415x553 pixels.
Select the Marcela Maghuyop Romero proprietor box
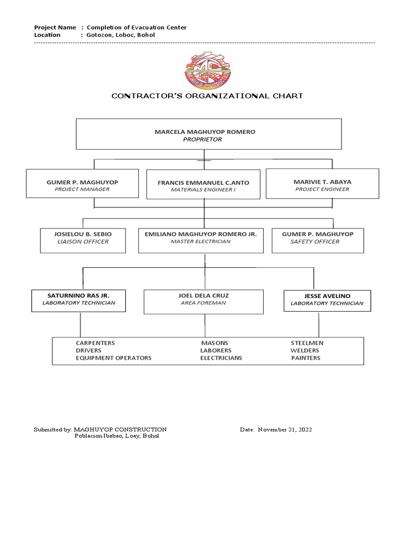pos(209,134)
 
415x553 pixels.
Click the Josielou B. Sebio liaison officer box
pos(83,240)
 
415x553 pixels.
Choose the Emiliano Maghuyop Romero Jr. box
pos(200,240)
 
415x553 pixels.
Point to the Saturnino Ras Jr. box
pos(79,300)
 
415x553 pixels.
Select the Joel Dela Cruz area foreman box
pos(204,301)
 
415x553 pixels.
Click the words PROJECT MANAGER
pos(82,190)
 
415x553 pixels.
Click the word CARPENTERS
pos(95,343)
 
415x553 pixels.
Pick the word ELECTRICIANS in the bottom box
pos(221,358)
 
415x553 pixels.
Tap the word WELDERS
pos(305,350)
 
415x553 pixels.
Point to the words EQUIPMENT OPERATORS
pos(113,358)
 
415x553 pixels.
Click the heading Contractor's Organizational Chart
pos(207,96)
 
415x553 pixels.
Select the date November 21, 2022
pos(285,430)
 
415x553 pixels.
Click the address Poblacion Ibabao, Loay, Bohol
pos(116,436)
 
